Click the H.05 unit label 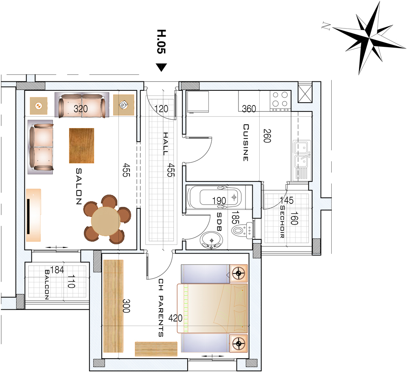(161, 42)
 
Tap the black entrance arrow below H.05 (162, 67)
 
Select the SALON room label (79, 186)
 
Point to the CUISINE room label (246, 142)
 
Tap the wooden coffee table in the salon (81, 146)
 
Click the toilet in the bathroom (241, 230)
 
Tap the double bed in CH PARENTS (212, 308)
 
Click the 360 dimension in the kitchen (249, 109)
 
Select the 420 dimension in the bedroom (175, 318)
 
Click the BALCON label (47, 284)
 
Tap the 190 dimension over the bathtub (219, 201)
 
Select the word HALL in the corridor (165, 144)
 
